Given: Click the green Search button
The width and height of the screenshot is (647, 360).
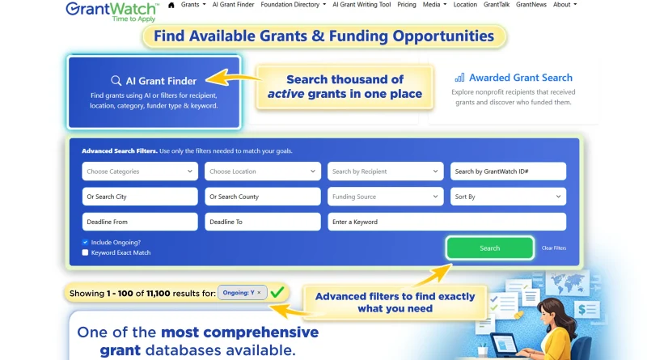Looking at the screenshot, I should (x=489, y=248).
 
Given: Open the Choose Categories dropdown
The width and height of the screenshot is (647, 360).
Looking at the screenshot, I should (x=140, y=172).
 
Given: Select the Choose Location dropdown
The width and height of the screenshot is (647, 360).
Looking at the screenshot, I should (x=262, y=172).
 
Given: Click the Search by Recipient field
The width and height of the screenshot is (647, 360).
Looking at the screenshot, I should (x=385, y=172).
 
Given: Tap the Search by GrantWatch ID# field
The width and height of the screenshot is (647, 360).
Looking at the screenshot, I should (x=507, y=172).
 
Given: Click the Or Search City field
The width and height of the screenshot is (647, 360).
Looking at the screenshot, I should (x=140, y=197).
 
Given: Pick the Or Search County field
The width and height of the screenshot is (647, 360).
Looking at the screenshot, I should (x=262, y=197).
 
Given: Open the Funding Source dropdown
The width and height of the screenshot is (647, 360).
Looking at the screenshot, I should (x=385, y=197).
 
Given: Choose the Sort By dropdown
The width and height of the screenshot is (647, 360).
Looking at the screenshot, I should (x=507, y=197).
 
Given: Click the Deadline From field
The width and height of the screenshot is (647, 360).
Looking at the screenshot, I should (x=140, y=222).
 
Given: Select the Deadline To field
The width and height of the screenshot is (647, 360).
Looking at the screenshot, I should (x=262, y=222).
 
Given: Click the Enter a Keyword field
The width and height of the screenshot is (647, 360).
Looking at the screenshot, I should (x=446, y=222).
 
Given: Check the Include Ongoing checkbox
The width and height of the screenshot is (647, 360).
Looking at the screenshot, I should (x=85, y=242).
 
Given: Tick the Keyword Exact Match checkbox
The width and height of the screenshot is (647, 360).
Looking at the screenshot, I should (x=85, y=252).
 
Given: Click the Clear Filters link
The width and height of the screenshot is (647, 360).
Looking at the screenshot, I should (x=553, y=248).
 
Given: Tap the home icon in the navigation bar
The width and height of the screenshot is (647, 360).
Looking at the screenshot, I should (x=171, y=5).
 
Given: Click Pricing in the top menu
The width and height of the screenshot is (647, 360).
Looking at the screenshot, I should (x=407, y=5).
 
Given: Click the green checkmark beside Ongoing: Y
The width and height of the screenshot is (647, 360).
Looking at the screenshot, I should (x=277, y=291).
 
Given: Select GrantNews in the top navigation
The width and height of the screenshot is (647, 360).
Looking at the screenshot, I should (x=531, y=5).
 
